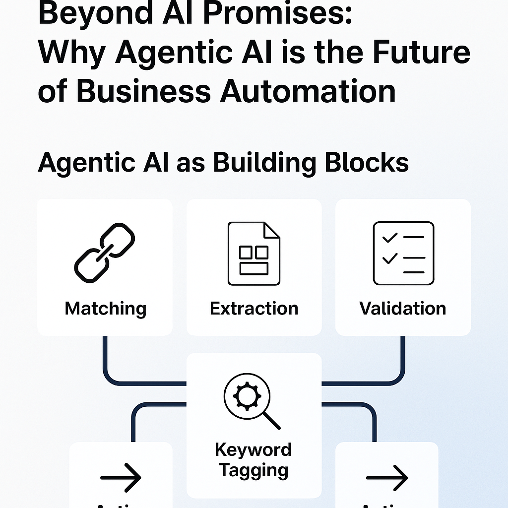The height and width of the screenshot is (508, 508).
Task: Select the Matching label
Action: tap(105, 309)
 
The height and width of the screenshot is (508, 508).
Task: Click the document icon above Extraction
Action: tap(254, 253)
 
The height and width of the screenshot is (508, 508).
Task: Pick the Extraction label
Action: tap(254, 309)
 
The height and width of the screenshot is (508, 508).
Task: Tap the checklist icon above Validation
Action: tap(403, 253)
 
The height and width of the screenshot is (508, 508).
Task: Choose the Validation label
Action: tap(403, 309)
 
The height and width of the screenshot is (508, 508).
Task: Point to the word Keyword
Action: tap(254, 450)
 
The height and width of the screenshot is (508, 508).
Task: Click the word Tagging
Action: tap(254, 470)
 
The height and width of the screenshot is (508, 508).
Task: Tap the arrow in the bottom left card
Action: tap(121, 477)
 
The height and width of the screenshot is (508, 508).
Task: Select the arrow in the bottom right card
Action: tap(387, 477)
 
